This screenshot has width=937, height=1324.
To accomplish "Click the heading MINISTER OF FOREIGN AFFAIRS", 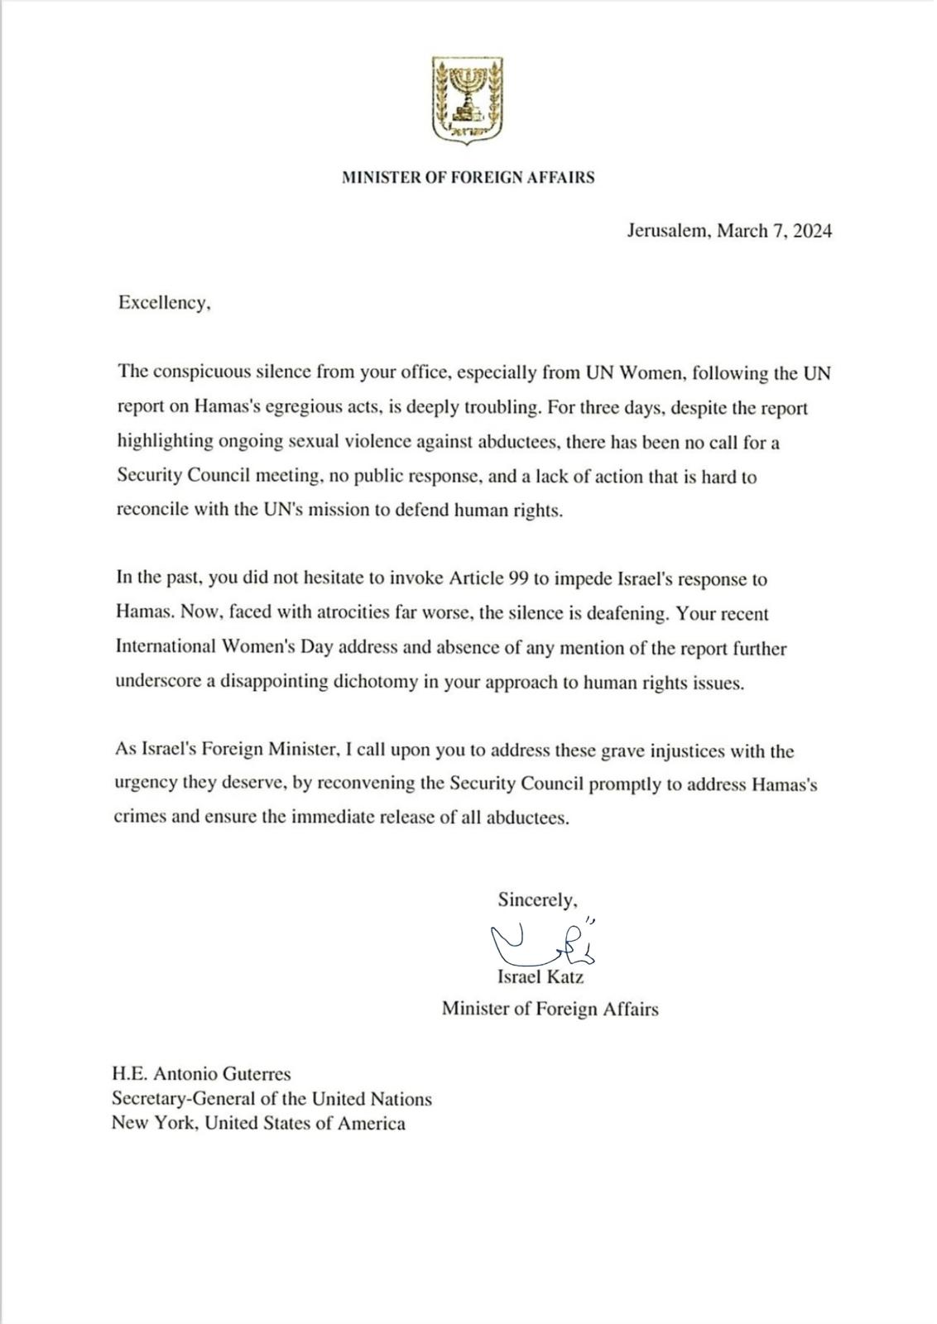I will (x=468, y=177).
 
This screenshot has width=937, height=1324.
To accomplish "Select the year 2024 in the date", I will (x=812, y=231).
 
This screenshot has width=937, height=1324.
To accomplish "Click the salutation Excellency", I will (x=164, y=303).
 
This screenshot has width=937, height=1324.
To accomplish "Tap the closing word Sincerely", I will (x=536, y=899).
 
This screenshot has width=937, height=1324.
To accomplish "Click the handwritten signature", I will (x=542, y=942).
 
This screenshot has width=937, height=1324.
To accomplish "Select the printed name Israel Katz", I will (x=541, y=977).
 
